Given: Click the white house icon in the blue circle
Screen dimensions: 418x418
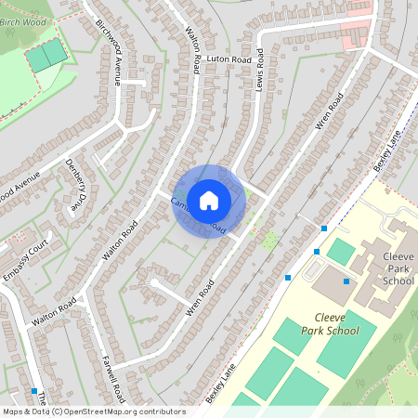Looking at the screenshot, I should coord(209,200).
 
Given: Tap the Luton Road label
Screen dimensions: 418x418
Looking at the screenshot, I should coord(229,59).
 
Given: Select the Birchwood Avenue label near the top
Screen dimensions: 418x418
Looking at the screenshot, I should coord(110,52).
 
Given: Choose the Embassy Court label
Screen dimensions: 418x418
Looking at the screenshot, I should coord(24,262).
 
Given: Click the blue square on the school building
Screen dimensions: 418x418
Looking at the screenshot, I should coord(346,281).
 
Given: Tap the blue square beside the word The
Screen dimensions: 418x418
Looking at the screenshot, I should coord(34,391).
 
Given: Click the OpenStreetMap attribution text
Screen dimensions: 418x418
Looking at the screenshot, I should coord(93,411).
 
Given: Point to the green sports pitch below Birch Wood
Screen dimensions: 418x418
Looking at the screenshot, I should coord(46,55).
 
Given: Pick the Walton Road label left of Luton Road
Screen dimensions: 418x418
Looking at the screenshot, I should coord(196,51).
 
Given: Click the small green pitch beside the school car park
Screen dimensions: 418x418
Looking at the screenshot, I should coord(341,252).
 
